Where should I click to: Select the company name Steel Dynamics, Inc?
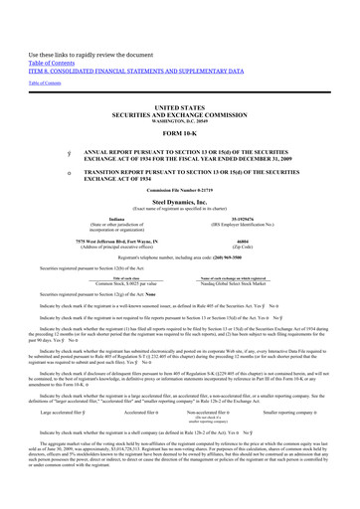pos(180,201)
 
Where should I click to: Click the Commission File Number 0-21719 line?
pos(180,189)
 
